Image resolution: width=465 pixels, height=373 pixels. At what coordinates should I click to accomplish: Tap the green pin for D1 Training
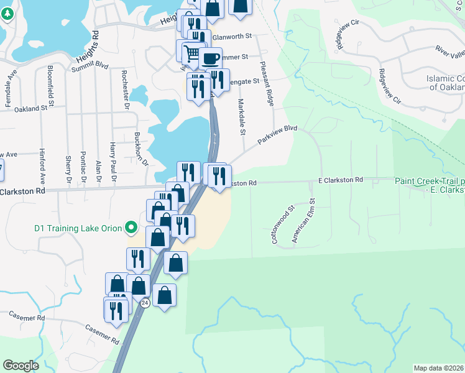tap(131, 228)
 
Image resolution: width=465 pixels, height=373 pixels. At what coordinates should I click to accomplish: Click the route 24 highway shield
tap(145, 303)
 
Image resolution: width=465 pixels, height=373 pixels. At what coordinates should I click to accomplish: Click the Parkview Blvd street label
tap(277, 136)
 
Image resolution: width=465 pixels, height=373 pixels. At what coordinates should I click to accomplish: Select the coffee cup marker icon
tap(210, 58)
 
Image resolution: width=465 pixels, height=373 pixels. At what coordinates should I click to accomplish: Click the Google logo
tap(21, 366)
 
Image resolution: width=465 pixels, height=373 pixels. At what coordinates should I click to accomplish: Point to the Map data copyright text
tap(439, 368)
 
